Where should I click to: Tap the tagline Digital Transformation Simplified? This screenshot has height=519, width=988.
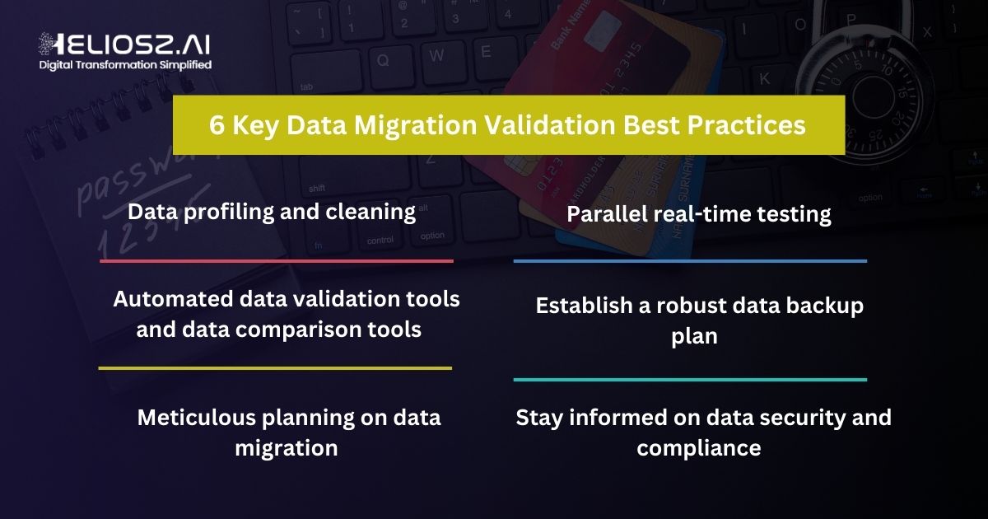(125, 64)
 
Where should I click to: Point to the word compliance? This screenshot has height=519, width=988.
(698, 448)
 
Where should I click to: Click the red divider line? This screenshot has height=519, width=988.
(277, 261)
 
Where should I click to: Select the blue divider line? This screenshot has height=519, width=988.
(690, 261)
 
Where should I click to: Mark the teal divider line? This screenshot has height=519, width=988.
(690, 380)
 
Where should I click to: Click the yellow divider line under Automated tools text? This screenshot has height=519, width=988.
(275, 368)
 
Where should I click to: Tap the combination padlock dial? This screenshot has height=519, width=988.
(874, 94)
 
